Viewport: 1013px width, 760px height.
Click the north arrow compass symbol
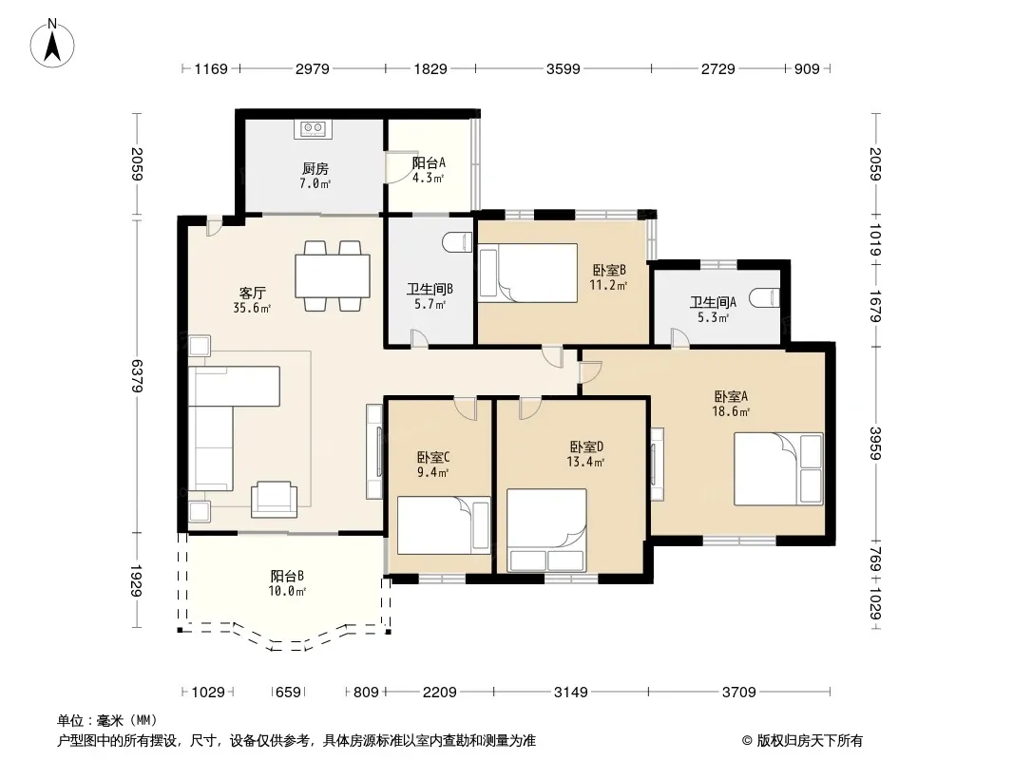tap(52, 44)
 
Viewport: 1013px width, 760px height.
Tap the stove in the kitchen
tap(314, 128)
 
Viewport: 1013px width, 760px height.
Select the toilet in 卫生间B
tap(458, 242)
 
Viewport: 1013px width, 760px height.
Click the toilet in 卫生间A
tap(765, 298)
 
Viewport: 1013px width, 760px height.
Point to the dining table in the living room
tap(333, 276)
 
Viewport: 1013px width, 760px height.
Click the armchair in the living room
tap(274, 499)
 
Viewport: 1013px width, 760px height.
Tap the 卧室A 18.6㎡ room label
tap(731, 404)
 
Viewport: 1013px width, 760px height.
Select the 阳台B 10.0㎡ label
tap(287, 583)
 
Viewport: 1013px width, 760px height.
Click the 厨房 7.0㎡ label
tap(315, 176)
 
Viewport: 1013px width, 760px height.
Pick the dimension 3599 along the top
tap(564, 68)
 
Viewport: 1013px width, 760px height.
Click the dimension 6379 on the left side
tap(137, 376)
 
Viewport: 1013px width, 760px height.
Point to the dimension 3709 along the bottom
tap(739, 693)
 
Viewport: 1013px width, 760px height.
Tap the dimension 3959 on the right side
tap(875, 444)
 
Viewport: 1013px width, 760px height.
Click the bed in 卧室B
tap(527, 273)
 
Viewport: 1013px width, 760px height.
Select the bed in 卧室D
tap(546, 530)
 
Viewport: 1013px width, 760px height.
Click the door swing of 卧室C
tap(465, 408)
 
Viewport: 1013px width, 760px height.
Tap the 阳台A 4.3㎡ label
tap(429, 170)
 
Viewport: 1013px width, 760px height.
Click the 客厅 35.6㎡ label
tap(252, 300)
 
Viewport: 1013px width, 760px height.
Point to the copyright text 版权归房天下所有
tap(810, 741)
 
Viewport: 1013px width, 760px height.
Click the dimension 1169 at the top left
tap(211, 68)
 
